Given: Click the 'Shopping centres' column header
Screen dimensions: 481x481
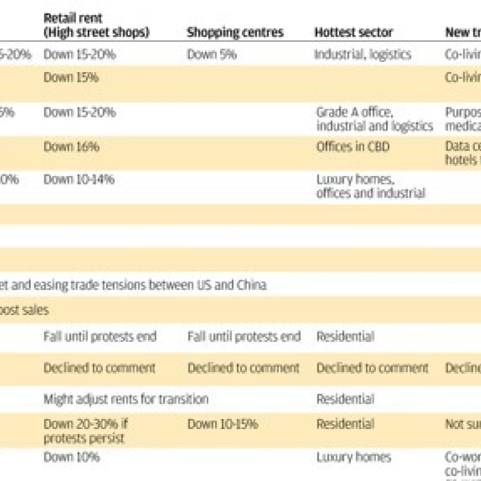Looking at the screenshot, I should click(235, 33).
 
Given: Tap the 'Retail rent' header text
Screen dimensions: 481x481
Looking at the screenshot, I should click(73, 19).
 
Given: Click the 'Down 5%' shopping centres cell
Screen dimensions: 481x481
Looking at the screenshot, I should click(212, 54).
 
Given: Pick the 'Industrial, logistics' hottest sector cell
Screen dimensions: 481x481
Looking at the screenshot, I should click(363, 54).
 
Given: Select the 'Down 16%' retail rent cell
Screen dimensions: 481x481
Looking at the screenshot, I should click(71, 147).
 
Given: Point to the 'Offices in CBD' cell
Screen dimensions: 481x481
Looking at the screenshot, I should click(354, 147).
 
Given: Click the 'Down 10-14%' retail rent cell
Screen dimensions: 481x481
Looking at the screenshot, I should click(79, 180).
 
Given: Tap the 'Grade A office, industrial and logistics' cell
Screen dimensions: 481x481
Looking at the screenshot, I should click(375, 119).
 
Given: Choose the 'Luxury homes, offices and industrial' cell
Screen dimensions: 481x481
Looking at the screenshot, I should click(371, 187).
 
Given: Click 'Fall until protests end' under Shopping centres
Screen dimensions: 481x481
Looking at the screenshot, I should click(244, 336).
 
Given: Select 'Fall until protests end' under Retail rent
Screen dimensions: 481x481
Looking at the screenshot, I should click(100, 336).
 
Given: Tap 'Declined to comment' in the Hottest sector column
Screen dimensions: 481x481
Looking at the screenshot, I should click(372, 368).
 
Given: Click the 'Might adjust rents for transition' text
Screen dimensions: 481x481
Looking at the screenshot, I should click(126, 399).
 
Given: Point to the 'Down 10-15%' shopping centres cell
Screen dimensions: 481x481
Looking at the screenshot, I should click(220, 424).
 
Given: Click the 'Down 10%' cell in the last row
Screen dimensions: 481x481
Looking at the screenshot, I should click(71, 457).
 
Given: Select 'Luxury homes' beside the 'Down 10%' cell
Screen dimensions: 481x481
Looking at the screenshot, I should click(353, 457).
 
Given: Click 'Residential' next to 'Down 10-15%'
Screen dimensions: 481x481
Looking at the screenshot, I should click(345, 424).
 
